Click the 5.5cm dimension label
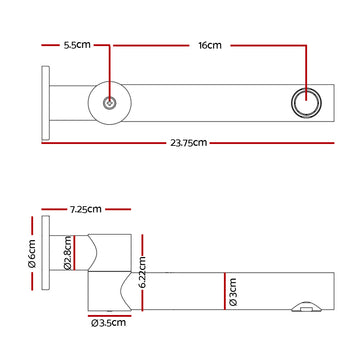click(77, 45)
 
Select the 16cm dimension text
click(210, 45)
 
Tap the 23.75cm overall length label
click(189, 143)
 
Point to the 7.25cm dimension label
click(85, 209)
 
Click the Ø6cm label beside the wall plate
click(32, 253)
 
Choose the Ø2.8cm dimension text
click(67, 253)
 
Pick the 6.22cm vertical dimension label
click(143, 273)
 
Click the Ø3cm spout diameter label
click(232, 292)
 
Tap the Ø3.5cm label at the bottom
click(108, 323)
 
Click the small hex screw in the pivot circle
click(109, 103)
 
